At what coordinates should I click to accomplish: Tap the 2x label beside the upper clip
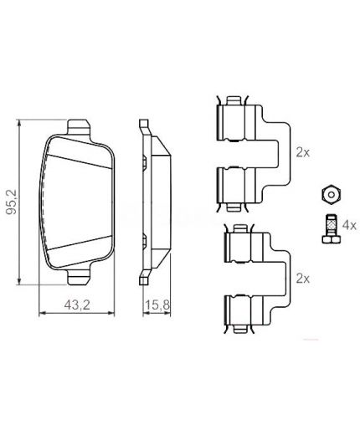(302, 153)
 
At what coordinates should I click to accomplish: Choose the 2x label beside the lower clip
(302, 277)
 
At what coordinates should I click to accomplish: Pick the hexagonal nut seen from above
(329, 194)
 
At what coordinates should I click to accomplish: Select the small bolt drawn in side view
(328, 228)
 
